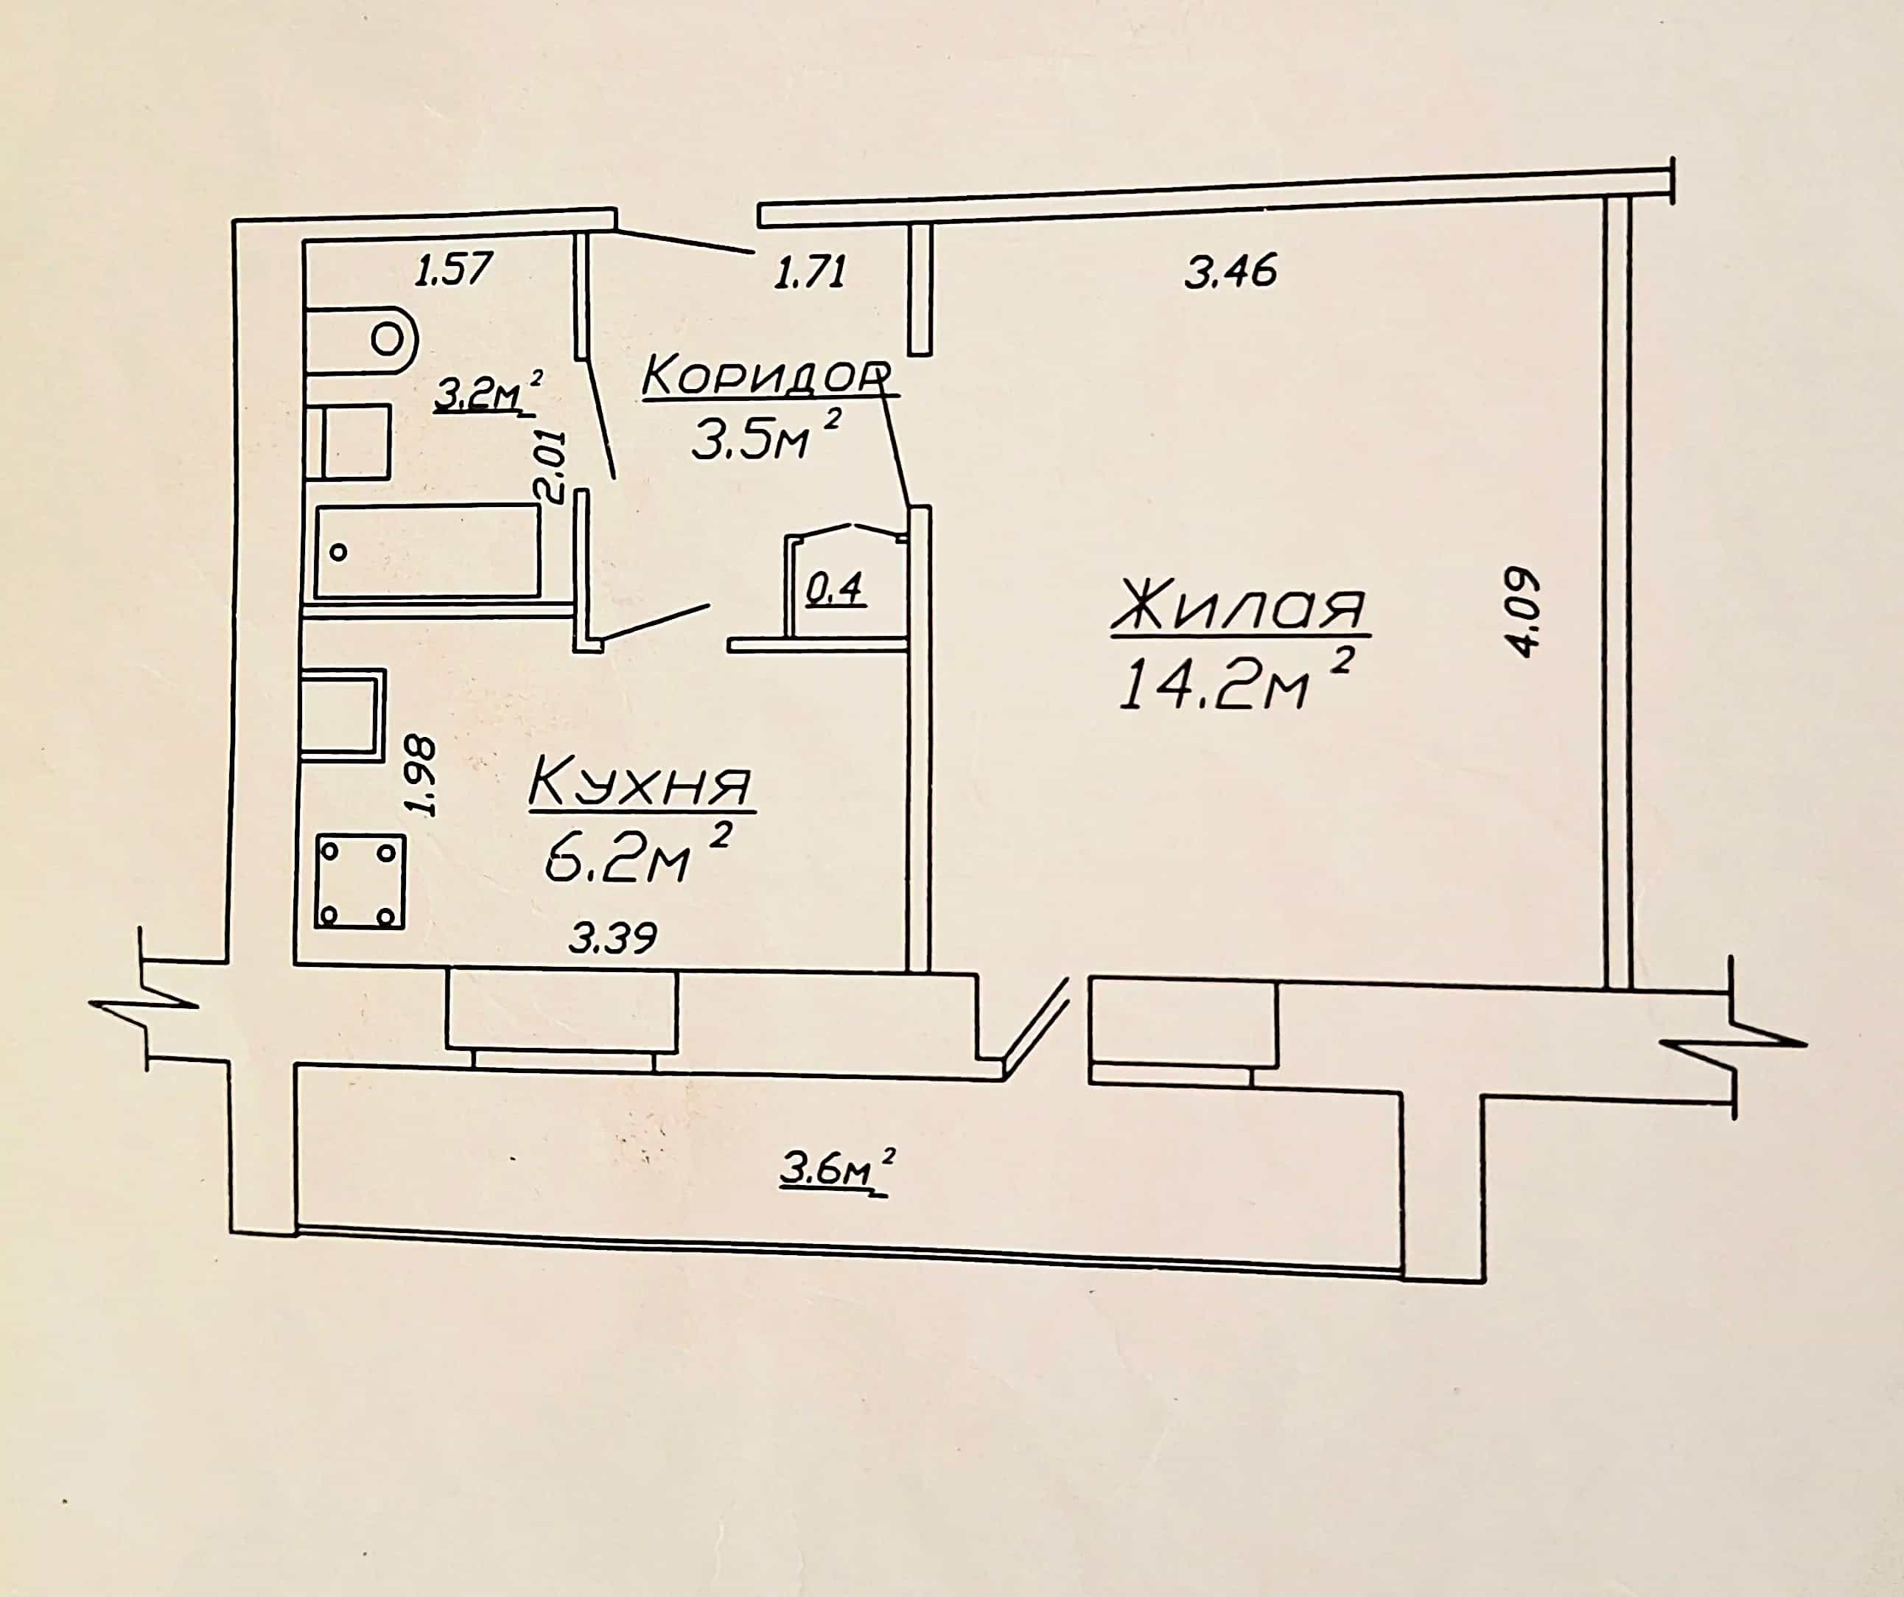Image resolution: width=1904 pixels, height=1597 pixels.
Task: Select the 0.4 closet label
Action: (835, 590)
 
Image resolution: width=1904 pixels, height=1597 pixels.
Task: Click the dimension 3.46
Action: (1231, 271)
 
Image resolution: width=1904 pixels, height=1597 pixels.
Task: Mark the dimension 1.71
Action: (811, 271)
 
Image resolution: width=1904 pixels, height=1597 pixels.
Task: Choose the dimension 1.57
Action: (453, 268)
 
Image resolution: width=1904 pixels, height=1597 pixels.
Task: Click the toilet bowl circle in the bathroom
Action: (387, 339)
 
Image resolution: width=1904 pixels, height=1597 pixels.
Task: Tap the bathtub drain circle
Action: (339, 551)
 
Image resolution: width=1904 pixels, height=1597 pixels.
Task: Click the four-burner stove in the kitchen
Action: (360, 882)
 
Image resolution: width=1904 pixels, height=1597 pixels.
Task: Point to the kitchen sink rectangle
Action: (343, 713)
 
